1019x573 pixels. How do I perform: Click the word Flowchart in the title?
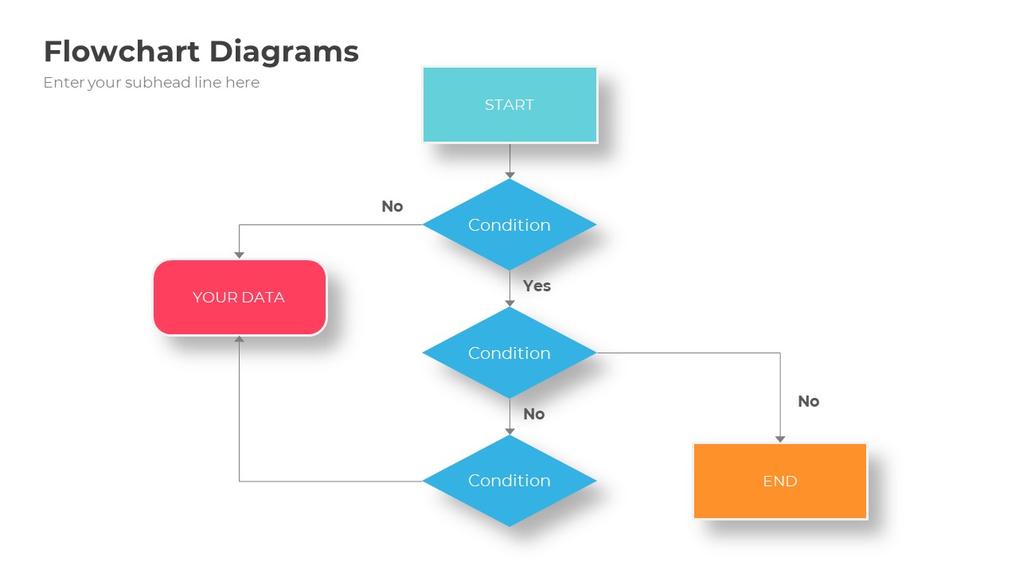[x=122, y=52]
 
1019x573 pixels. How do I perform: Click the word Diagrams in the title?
[x=284, y=52]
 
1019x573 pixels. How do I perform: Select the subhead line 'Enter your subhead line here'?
[x=151, y=83]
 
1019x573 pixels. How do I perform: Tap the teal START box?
[x=509, y=104]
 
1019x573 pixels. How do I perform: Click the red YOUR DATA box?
[x=240, y=297]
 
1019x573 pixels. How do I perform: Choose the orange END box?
[x=780, y=481]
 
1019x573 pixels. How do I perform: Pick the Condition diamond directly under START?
[x=509, y=224]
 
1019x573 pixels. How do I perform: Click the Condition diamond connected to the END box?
[x=509, y=353]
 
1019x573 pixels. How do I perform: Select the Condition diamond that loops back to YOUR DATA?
[x=509, y=481]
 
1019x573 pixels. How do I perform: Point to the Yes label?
[x=537, y=286]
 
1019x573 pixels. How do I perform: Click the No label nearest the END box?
[x=808, y=401]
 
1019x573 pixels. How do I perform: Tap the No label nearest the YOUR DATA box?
[x=392, y=206]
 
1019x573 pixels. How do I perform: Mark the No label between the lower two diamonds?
[x=533, y=414]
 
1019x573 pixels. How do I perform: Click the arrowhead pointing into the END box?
[x=780, y=439]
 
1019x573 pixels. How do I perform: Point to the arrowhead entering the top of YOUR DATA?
[x=239, y=255]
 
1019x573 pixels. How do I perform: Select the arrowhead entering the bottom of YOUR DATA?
[x=239, y=340]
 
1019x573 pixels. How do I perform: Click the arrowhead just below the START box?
[x=509, y=174]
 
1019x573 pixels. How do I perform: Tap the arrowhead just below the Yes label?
[x=509, y=303]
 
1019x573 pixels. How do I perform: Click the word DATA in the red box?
[x=264, y=297]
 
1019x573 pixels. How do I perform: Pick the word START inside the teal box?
[x=509, y=104]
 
